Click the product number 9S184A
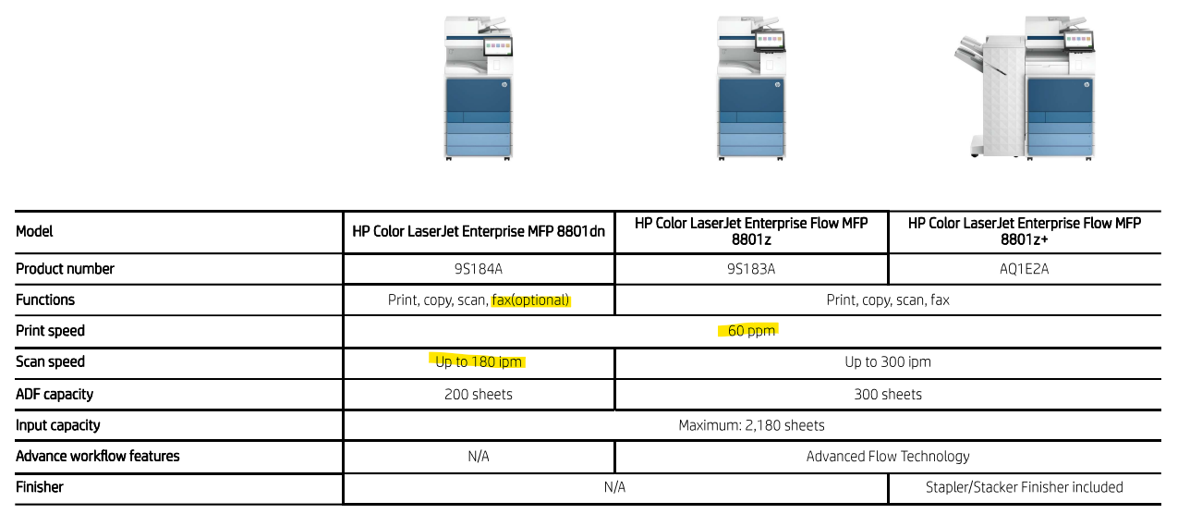(x=478, y=269)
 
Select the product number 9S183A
(x=751, y=269)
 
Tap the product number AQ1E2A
(x=1024, y=269)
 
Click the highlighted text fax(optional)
(x=530, y=300)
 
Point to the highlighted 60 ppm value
(x=751, y=331)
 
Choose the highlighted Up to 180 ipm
(x=478, y=361)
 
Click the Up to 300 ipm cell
(x=888, y=361)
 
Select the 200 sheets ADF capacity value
(x=478, y=395)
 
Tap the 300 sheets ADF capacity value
(x=888, y=395)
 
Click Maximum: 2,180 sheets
(x=751, y=425)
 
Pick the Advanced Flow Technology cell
(x=888, y=457)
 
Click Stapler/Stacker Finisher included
(x=1024, y=487)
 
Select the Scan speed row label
(x=50, y=361)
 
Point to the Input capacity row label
(x=57, y=425)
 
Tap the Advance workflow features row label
(x=97, y=457)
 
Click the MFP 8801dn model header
(x=478, y=231)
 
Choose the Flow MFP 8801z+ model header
(x=1024, y=231)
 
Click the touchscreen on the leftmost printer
(x=498, y=47)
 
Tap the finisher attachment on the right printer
(x=990, y=94)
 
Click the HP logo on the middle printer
(x=778, y=85)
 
